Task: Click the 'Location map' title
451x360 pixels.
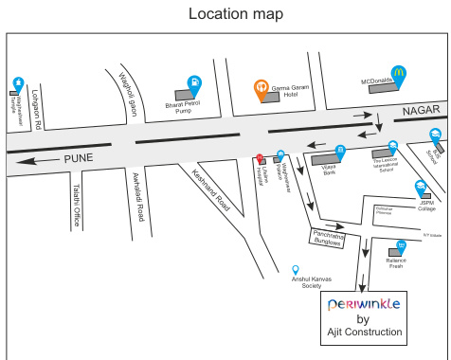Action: click(235, 14)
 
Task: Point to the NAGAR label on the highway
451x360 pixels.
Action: click(421, 112)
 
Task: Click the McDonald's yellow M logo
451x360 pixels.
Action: click(401, 72)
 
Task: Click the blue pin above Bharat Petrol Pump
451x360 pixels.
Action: click(194, 83)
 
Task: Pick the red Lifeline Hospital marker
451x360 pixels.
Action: click(260, 156)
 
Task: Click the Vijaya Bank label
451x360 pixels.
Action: click(329, 172)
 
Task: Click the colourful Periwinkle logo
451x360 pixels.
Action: click(365, 304)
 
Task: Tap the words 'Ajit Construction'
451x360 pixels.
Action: click(365, 333)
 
